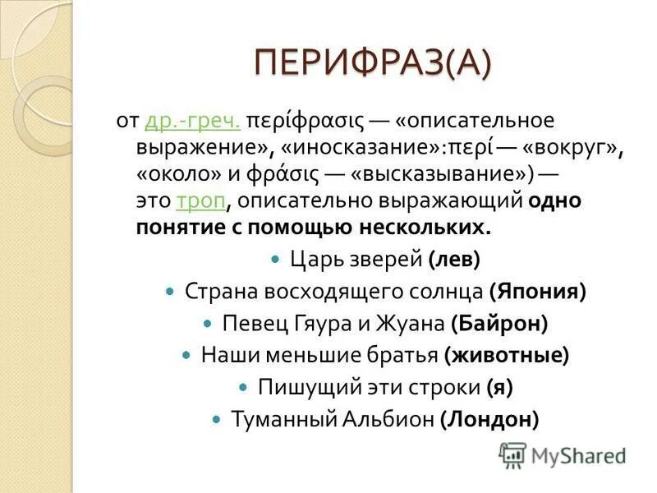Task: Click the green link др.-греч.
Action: [x=192, y=121]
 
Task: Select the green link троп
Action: [x=200, y=200]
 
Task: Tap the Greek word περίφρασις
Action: [x=305, y=121]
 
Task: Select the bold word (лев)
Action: [x=454, y=260]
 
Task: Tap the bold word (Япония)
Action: [x=537, y=292]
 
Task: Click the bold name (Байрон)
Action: [x=499, y=324]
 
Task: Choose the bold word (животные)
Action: [x=507, y=356]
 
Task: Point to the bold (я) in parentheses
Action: [x=499, y=387]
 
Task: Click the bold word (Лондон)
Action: [x=489, y=419]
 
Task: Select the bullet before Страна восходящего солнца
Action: [x=171, y=292]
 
